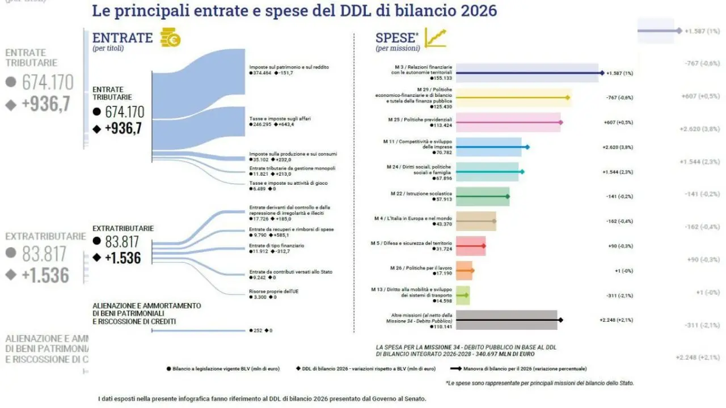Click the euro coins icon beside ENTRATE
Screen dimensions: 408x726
click(170, 39)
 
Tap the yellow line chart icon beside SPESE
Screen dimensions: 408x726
click(436, 38)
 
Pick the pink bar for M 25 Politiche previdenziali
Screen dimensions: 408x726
click(508, 122)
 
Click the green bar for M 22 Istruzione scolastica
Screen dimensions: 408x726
click(482, 197)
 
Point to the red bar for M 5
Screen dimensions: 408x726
click(470, 246)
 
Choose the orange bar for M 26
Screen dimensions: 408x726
click(464, 271)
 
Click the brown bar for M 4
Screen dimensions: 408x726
click(475, 221)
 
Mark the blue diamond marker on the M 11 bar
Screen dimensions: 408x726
click(527, 147)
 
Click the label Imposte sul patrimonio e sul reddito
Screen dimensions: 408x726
click(289, 67)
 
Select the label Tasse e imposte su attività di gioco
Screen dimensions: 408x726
click(288, 183)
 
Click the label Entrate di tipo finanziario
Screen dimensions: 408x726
click(276, 245)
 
